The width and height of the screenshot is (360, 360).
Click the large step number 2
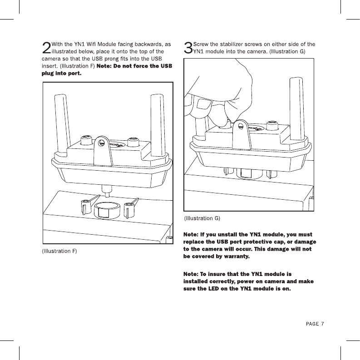tap(46, 48)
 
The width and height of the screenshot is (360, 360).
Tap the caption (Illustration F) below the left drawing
tap(59, 251)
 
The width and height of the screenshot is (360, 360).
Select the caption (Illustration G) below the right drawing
tap(202, 218)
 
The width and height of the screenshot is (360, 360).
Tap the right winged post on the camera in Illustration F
tap(131, 206)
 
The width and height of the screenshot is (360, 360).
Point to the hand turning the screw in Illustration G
tap(218, 95)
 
